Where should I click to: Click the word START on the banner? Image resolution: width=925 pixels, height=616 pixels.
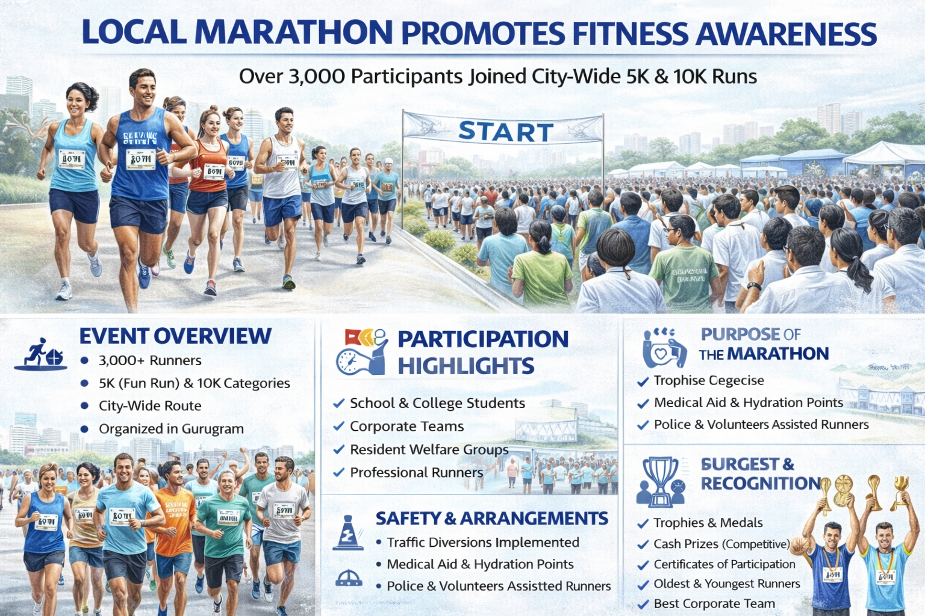coord(505,132)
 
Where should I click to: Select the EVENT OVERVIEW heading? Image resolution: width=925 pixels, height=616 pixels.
coord(175,336)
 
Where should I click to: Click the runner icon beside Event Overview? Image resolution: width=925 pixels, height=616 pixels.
coord(40,353)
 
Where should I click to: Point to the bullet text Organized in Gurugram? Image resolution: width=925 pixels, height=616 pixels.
coord(171,429)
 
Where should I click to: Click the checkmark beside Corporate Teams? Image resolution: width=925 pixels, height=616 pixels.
coord(338,427)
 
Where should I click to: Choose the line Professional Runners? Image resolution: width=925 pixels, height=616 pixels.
coord(416,473)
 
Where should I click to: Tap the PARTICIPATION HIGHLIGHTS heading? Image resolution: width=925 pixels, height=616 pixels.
coord(482,353)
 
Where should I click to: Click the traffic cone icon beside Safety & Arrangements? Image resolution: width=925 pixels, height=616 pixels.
coord(348,533)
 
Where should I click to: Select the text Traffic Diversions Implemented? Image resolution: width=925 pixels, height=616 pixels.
coord(482,543)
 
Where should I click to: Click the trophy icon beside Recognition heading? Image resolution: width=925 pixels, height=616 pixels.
coord(661,481)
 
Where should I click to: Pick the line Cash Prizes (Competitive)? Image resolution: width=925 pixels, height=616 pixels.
coord(721,544)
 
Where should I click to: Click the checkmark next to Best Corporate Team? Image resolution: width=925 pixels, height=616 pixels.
coord(643,604)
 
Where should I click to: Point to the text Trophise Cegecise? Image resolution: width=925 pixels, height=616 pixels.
coord(709,380)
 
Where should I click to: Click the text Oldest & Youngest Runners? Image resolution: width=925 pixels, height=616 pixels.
coord(727,584)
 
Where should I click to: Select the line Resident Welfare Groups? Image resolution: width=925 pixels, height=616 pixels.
coord(429,450)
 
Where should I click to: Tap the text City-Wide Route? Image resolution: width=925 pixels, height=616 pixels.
coord(150,406)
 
